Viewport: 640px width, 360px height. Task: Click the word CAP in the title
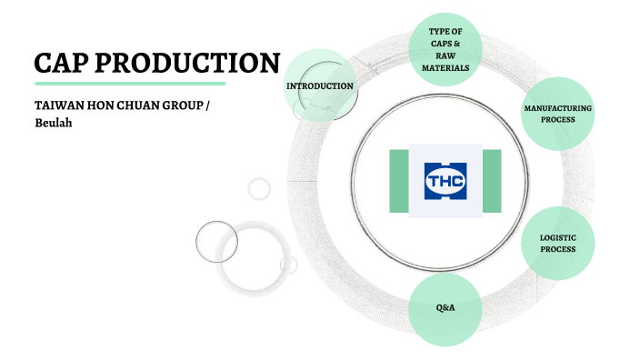coord(60,63)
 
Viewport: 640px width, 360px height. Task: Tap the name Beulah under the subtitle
coord(54,122)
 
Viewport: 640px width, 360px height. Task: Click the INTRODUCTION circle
coord(319,85)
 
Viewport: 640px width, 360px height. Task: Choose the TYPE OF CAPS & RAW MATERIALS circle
coord(445,50)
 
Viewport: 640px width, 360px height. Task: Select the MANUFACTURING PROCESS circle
coord(558,115)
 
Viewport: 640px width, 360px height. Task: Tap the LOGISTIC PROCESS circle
coord(558,244)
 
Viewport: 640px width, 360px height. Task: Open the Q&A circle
coord(445,308)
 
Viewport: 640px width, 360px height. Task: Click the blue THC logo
coord(445,181)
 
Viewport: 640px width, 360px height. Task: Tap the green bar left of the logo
coord(398,181)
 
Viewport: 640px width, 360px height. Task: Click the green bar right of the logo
coord(492,181)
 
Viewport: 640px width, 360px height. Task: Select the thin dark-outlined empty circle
coord(217,242)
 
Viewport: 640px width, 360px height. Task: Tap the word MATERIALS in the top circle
coord(445,67)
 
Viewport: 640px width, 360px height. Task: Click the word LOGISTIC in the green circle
coord(558,237)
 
